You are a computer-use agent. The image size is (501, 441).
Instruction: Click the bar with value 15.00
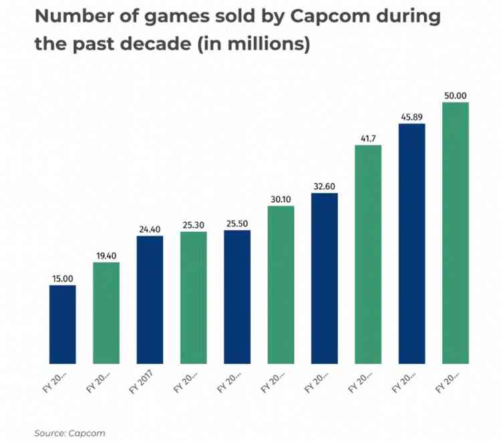pos(63,325)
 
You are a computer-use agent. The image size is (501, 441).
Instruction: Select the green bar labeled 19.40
pos(106,313)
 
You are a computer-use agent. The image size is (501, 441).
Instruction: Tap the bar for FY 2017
pos(150,300)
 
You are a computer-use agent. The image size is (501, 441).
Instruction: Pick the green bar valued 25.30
pos(194,298)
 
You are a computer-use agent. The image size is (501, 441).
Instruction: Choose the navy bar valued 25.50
pos(237,297)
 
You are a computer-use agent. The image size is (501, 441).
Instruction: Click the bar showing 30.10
pos(281,285)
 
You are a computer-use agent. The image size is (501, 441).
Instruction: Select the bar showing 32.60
pos(325,278)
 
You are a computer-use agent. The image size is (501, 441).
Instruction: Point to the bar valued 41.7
pos(368,254)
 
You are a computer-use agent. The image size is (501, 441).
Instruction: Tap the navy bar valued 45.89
pos(411,244)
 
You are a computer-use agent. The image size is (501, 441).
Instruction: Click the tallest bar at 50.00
pos(456,233)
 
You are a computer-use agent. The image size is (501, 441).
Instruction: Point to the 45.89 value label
pos(411,117)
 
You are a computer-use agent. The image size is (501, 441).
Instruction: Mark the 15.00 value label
pos(63,279)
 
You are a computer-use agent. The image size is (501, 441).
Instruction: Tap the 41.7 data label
pos(368,138)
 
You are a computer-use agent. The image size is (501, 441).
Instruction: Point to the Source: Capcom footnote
pos(69,433)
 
